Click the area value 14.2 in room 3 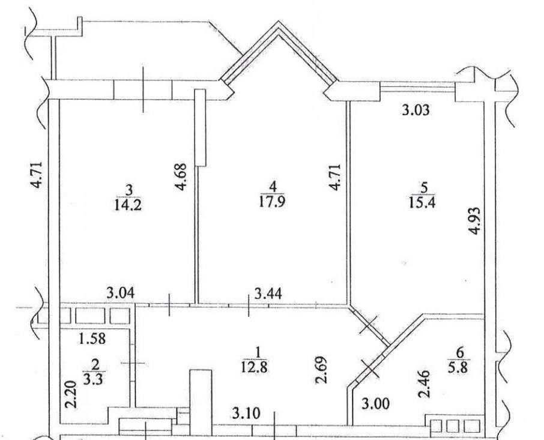pyautogui.click(x=128, y=205)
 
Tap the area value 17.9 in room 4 pyautogui.click(x=273, y=201)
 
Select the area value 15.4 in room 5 pyautogui.click(x=422, y=202)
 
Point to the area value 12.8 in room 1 pyautogui.click(x=255, y=367)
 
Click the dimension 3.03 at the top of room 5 pyautogui.click(x=416, y=110)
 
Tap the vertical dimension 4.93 pyautogui.click(x=475, y=220)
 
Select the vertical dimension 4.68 pyautogui.click(x=181, y=177)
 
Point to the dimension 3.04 pyautogui.click(x=120, y=294)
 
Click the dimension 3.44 pyautogui.click(x=268, y=294)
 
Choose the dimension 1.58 pyautogui.click(x=92, y=339)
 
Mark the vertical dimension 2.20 pyautogui.click(x=71, y=394)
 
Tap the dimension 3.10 pyautogui.click(x=246, y=414)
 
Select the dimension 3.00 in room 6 pyautogui.click(x=376, y=403)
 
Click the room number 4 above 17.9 pyautogui.click(x=273, y=187)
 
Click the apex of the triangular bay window pyautogui.click(x=278, y=22)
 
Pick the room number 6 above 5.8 pyautogui.click(x=461, y=353)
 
